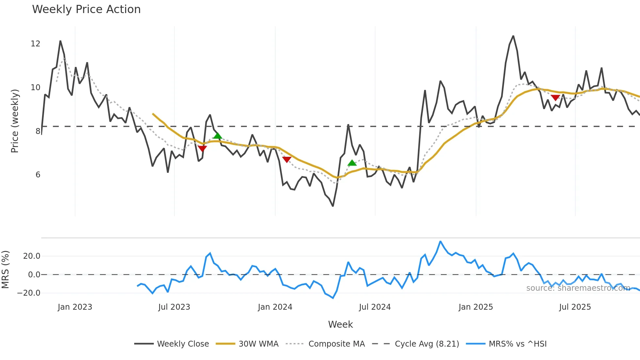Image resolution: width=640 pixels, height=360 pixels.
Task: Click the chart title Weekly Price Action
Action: (86, 9)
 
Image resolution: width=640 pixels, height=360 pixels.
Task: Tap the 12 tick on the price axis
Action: (35, 44)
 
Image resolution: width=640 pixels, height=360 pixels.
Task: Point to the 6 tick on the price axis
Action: (38, 175)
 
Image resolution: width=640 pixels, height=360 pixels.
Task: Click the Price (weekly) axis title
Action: (15, 121)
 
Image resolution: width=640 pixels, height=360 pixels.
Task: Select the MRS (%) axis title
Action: (5, 270)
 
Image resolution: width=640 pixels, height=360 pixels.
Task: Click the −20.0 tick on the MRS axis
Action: (29, 293)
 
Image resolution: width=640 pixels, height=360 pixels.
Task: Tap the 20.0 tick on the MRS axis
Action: (32, 256)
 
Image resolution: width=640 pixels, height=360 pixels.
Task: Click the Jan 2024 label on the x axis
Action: (275, 307)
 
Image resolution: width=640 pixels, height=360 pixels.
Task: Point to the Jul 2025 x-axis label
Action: (575, 307)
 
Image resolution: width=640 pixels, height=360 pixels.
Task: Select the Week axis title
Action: (340, 324)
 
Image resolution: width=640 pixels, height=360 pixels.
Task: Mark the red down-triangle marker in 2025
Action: (555, 98)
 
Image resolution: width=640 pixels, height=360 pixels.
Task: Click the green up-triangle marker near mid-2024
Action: (352, 163)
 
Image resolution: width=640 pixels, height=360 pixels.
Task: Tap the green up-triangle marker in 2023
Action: (217, 136)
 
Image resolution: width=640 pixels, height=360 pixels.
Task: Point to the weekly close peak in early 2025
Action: (513, 36)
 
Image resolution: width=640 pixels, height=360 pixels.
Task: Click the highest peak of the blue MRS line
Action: (440, 241)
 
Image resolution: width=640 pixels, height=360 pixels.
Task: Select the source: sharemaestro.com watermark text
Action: (578, 288)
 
